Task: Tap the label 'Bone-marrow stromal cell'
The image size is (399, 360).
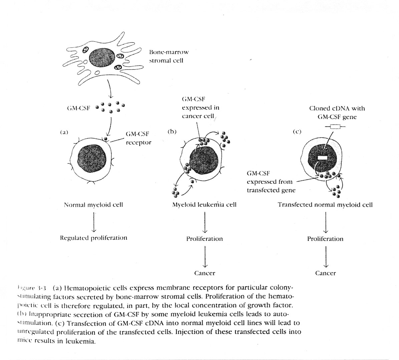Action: pyautogui.click(x=168, y=56)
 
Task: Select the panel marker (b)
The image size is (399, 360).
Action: pyautogui.click(x=172, y=131)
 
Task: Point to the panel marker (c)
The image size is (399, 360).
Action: pyautogui.click(x=297, y=131)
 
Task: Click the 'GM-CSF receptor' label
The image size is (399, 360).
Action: pyautogui.click(x=138, y=138)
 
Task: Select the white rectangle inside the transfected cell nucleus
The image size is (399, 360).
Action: pyautogui.click(x=323, y=158)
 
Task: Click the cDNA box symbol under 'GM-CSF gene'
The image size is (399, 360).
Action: pyautogui.click(x=334, y=127)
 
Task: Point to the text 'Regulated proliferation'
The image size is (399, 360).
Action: pyautogui.click(x=93, y=238)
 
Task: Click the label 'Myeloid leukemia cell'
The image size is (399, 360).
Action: pyautogui.click(x=204, y=205)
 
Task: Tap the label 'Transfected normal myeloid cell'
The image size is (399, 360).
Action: pyautogui.click(x=325, y=205)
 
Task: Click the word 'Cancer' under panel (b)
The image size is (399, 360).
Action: pyautogui.click(x=205, y=273)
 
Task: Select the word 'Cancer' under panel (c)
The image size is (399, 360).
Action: pyautogui.click(x=325, y=273)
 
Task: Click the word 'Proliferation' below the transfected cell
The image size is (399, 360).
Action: pyautogui.click(x=325, y=239)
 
